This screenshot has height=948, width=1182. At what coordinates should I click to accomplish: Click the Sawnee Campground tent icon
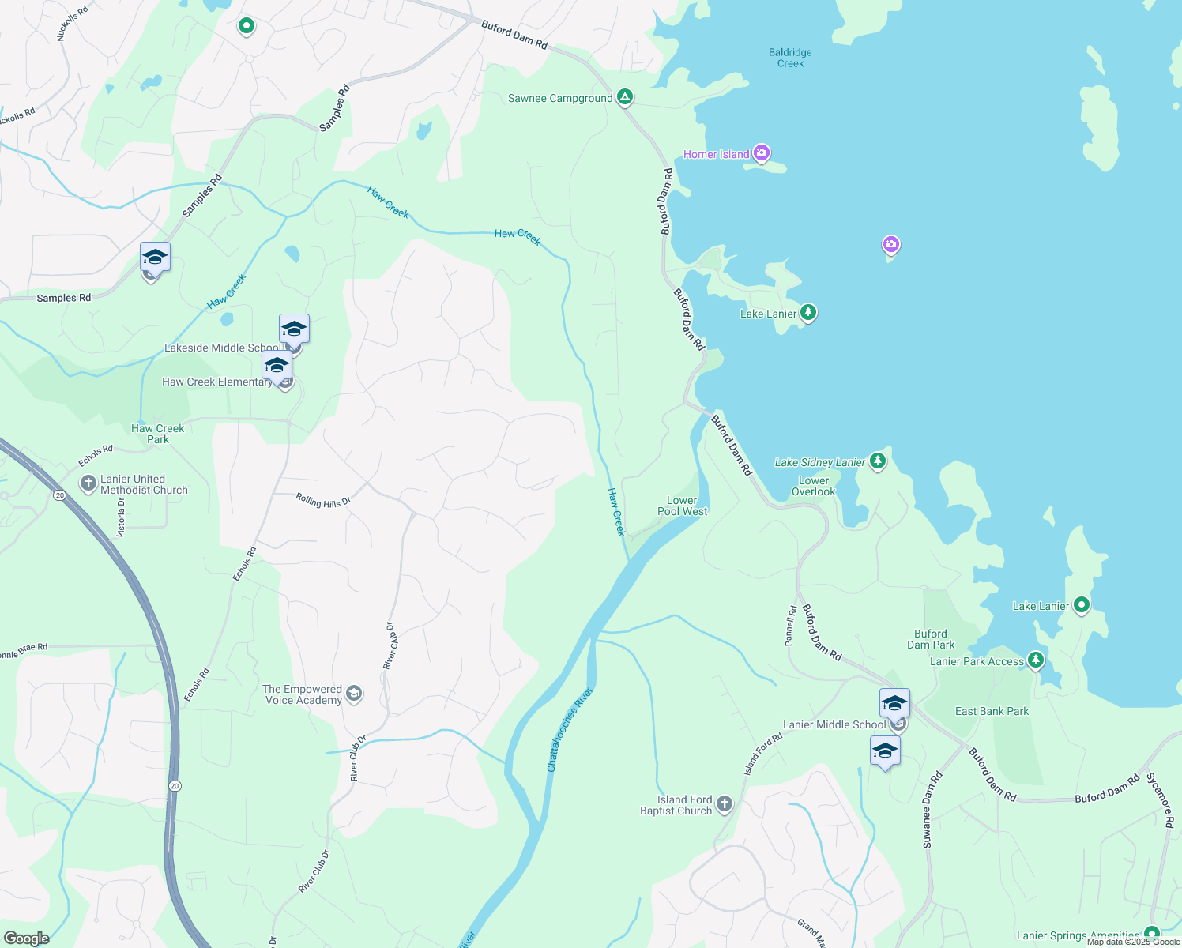pos(625,97)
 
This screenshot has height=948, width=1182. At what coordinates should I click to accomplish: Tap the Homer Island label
pos(716,154)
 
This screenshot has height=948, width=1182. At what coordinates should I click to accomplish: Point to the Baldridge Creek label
pos(790,58)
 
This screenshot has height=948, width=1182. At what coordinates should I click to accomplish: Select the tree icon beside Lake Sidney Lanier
pos(877,461)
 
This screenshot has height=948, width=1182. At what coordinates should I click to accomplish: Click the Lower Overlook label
pos(814,486)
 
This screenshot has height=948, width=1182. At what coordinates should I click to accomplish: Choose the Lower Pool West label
pos(682,506)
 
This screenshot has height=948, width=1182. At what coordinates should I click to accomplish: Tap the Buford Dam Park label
pos(931,639)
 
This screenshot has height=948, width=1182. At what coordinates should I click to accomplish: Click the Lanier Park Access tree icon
pos(1035,660)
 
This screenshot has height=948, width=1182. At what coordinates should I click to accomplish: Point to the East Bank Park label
pos(992,711)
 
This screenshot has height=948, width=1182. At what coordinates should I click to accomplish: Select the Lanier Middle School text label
pos(834,724)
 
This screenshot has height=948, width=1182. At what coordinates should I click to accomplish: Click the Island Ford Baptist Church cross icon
pos(725,804)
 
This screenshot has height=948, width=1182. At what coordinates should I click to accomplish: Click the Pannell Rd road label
pos(790,626)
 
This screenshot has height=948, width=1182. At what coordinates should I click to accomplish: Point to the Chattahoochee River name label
pos(570,730)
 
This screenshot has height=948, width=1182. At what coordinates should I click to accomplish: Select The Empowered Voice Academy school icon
pos(354,694)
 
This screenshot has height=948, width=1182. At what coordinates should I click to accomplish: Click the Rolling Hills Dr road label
pos(323,500)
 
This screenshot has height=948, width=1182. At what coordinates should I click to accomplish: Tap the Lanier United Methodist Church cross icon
pos(88,482)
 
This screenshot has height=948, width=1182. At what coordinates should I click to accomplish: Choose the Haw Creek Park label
pos(157,434)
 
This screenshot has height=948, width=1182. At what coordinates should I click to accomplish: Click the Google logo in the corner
pos(27,938)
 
